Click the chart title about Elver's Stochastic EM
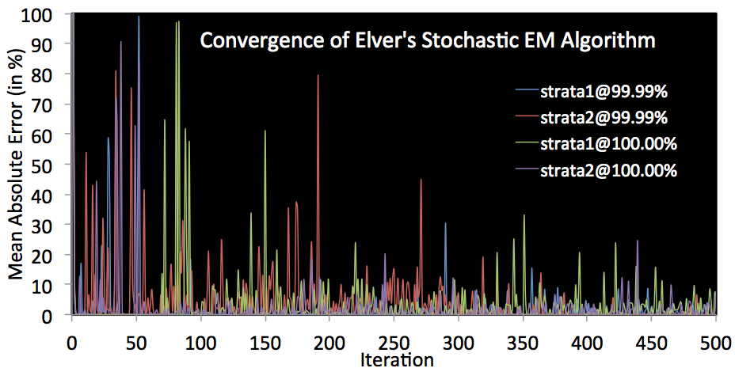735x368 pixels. [427, 40]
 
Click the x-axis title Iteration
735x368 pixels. [397, 360]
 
